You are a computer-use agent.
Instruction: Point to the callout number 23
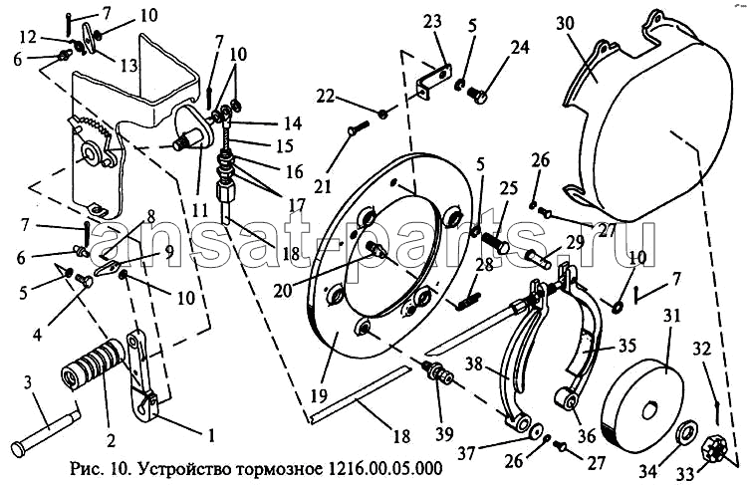tap(430, 22)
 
